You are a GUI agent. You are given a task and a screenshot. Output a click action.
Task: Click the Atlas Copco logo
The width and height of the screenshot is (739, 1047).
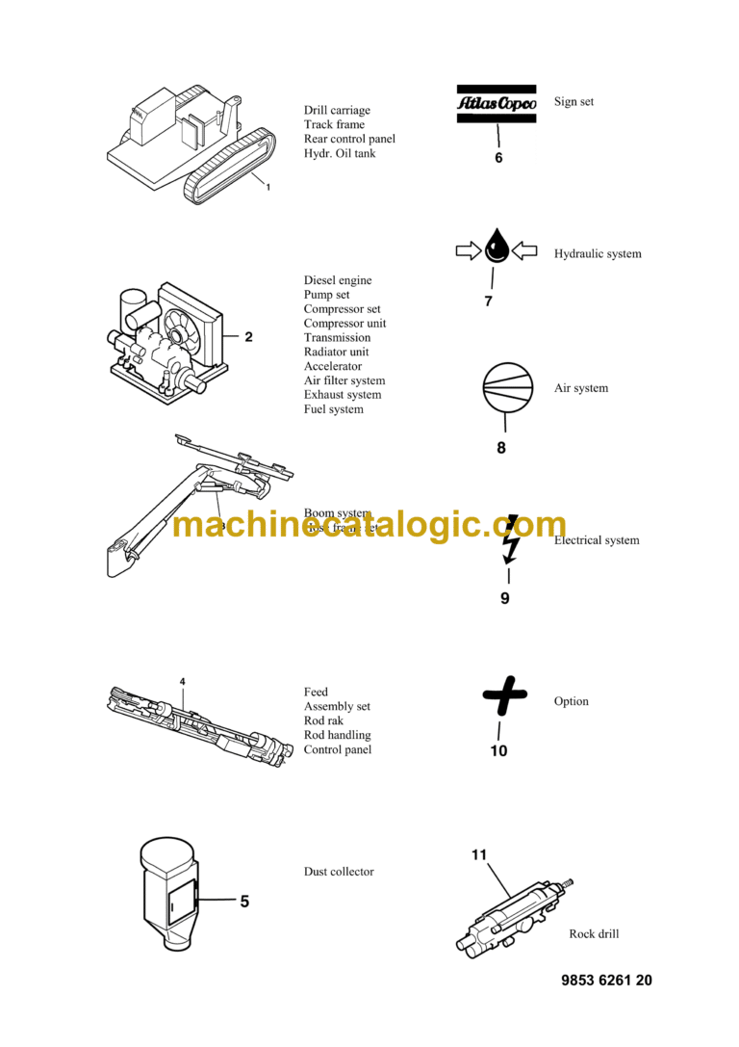[x=496, y=104]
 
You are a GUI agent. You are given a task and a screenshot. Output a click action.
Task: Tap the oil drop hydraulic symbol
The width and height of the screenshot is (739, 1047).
[x=496, y=248]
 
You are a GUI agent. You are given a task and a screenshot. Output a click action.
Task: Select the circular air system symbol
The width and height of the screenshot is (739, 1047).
[x=507, y=387]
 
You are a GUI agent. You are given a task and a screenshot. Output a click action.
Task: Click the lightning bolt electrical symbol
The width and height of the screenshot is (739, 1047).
[x=511, y=539]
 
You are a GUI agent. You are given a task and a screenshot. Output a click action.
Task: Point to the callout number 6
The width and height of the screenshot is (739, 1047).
[x=498, y=158]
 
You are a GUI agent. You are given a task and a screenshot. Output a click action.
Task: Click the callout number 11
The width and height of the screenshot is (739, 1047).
[x=480, y=854]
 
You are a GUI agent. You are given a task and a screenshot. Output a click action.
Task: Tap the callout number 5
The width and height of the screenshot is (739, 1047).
[x=244, y=902]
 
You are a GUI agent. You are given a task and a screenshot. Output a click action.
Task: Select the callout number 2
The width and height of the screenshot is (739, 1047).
[x=248, y=337]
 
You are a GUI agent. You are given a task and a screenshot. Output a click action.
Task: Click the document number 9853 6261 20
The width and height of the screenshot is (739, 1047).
[x=606, y=981]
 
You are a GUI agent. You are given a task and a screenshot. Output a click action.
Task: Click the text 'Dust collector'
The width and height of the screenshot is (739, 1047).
[x=339, y=872]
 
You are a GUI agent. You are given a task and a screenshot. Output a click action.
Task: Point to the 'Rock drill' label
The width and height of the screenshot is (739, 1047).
[x=594, y=933]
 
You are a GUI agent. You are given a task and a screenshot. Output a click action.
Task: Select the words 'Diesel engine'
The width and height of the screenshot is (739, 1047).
[x=338, y=280]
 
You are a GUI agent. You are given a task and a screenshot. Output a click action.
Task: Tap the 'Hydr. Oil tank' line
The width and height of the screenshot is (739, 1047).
[x=340, y=153]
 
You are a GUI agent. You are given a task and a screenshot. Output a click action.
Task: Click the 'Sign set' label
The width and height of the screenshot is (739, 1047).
[x=573, y=101]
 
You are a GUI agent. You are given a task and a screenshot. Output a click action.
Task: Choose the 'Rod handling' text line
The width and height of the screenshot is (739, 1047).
[x=337, y=735]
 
